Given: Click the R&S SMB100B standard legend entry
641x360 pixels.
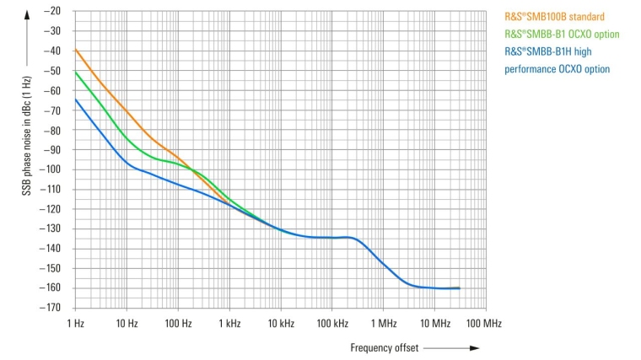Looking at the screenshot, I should tap(554, 17).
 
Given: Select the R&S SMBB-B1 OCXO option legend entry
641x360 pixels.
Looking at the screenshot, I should tap(562, 35).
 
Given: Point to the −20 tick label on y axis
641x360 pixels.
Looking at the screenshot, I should tap(52, 11).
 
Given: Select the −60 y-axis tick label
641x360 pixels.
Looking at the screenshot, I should tap(52, 90).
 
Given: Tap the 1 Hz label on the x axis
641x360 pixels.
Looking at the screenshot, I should tap(75, 324).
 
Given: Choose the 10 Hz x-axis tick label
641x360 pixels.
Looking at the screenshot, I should tap(127, 324).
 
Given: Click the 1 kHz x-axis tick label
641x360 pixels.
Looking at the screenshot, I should tap(229, 324).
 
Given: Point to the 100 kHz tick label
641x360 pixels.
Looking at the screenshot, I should tap(332, 324).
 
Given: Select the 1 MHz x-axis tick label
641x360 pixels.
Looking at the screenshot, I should tap(384, 324).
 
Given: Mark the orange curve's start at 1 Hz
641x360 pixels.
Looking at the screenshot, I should tap(76, 50).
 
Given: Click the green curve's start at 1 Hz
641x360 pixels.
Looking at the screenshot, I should tap(76, 72).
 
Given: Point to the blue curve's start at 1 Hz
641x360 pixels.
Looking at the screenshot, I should tap(76, 99).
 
